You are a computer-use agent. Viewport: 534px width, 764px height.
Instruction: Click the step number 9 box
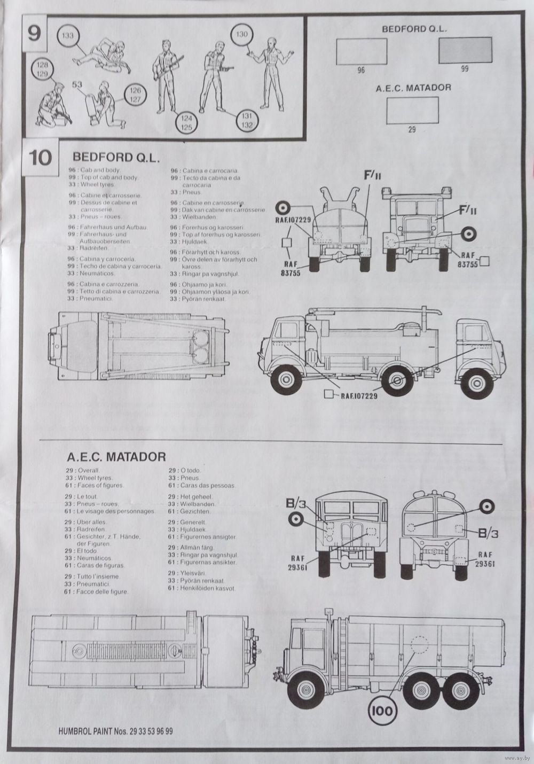point(33,33)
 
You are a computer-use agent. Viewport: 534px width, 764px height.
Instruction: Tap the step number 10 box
point(40,158)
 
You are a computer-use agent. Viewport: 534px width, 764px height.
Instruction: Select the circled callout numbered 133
point(68,36)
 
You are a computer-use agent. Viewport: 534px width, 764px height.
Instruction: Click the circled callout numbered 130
point(242,35)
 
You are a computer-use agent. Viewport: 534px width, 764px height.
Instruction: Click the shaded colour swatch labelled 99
point(465,51)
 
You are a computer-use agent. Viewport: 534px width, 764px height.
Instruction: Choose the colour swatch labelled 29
point(411,111)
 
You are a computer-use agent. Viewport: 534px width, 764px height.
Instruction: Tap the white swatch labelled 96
point(362,51)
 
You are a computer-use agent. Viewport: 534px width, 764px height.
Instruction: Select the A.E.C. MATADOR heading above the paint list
point(116,457)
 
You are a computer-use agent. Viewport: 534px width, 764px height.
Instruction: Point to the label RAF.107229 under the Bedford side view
point(358,395)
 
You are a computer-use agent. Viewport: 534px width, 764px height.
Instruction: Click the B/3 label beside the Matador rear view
point(488,533)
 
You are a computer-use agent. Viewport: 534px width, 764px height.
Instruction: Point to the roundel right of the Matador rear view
point(486,506)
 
